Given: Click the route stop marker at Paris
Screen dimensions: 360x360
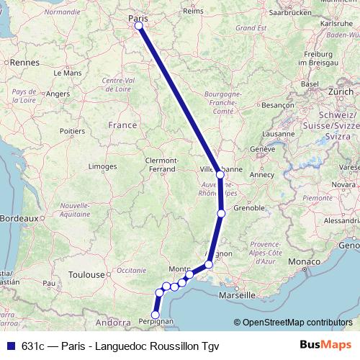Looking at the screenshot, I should [x=138, y=27].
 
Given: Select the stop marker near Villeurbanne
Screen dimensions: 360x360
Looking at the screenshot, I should [x=220, y=174].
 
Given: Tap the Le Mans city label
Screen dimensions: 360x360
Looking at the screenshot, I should [x=68, y=73].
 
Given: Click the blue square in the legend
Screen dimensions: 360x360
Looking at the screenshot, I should [x=10, y=345].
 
